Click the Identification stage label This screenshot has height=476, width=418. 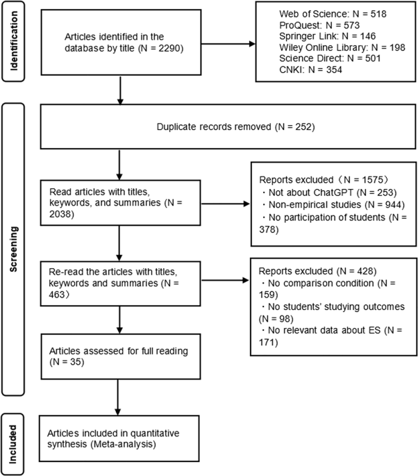click(x=14, y=41)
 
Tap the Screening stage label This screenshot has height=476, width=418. click(x=14, y=249)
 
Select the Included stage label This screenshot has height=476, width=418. click(x=12, y=444)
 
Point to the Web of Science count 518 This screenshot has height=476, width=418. click(x=378, y=14)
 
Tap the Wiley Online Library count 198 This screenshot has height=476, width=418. click(x=397, y=47)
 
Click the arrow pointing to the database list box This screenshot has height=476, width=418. click(x=228, y=44)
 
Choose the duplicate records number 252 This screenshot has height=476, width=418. click(x=303, y=126)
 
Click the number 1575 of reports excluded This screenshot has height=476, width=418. click(x=372, y=180)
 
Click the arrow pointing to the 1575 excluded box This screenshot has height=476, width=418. click(x=226, y=204)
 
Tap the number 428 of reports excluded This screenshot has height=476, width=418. click(x=365, y=271)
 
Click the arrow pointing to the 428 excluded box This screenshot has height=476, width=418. click(x=225, y=280)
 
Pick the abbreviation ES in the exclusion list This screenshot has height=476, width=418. click(x=375, y=330)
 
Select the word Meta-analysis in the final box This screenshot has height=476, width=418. click(x=123, y=444)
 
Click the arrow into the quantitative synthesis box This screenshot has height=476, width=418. click(x=118, y=397)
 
